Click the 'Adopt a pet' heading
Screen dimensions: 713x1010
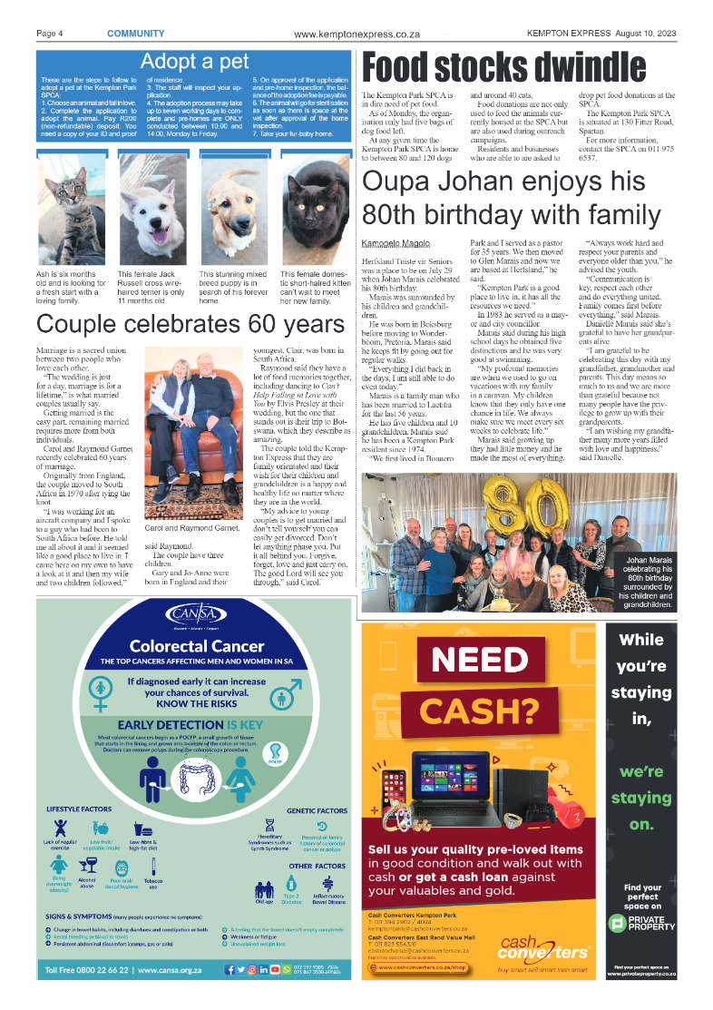point(194,62)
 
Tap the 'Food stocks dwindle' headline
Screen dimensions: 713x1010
point(504,69)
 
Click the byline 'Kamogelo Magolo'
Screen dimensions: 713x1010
point(395,244)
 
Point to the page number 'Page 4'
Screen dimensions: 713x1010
point(49,34)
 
